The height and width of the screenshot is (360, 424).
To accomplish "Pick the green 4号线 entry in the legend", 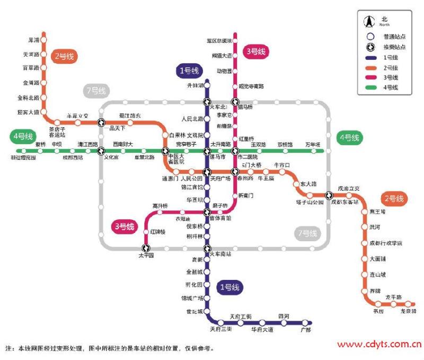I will pyautogui.click(x=391, y=87).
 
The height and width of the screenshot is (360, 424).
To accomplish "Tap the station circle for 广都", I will pyautogui.click(x=305, y=322).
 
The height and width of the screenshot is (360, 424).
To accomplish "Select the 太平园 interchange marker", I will pyautogui.click(x=146, y=248).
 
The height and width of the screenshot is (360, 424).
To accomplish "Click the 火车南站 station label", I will pyautogui.click(x=222, y=254).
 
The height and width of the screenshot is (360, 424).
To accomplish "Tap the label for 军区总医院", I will pyautogui.click(x=219, y=40).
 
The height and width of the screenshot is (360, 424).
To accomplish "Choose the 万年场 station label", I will pyautogui.click(x=313, y=144).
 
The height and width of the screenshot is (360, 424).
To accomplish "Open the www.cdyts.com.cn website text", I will pyautogui.click(x=379, y=344).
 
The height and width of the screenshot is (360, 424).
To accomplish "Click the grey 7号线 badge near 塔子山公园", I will pyautogui.click(x=307, y=233).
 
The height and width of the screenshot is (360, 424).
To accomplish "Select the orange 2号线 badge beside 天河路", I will pyautogui.click(x=63, y=56).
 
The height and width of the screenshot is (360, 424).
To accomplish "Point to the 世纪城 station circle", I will pyautogui.click(x=207, y=312).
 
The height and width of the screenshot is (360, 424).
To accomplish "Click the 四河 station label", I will pyautogui.click(x=284, y=317).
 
